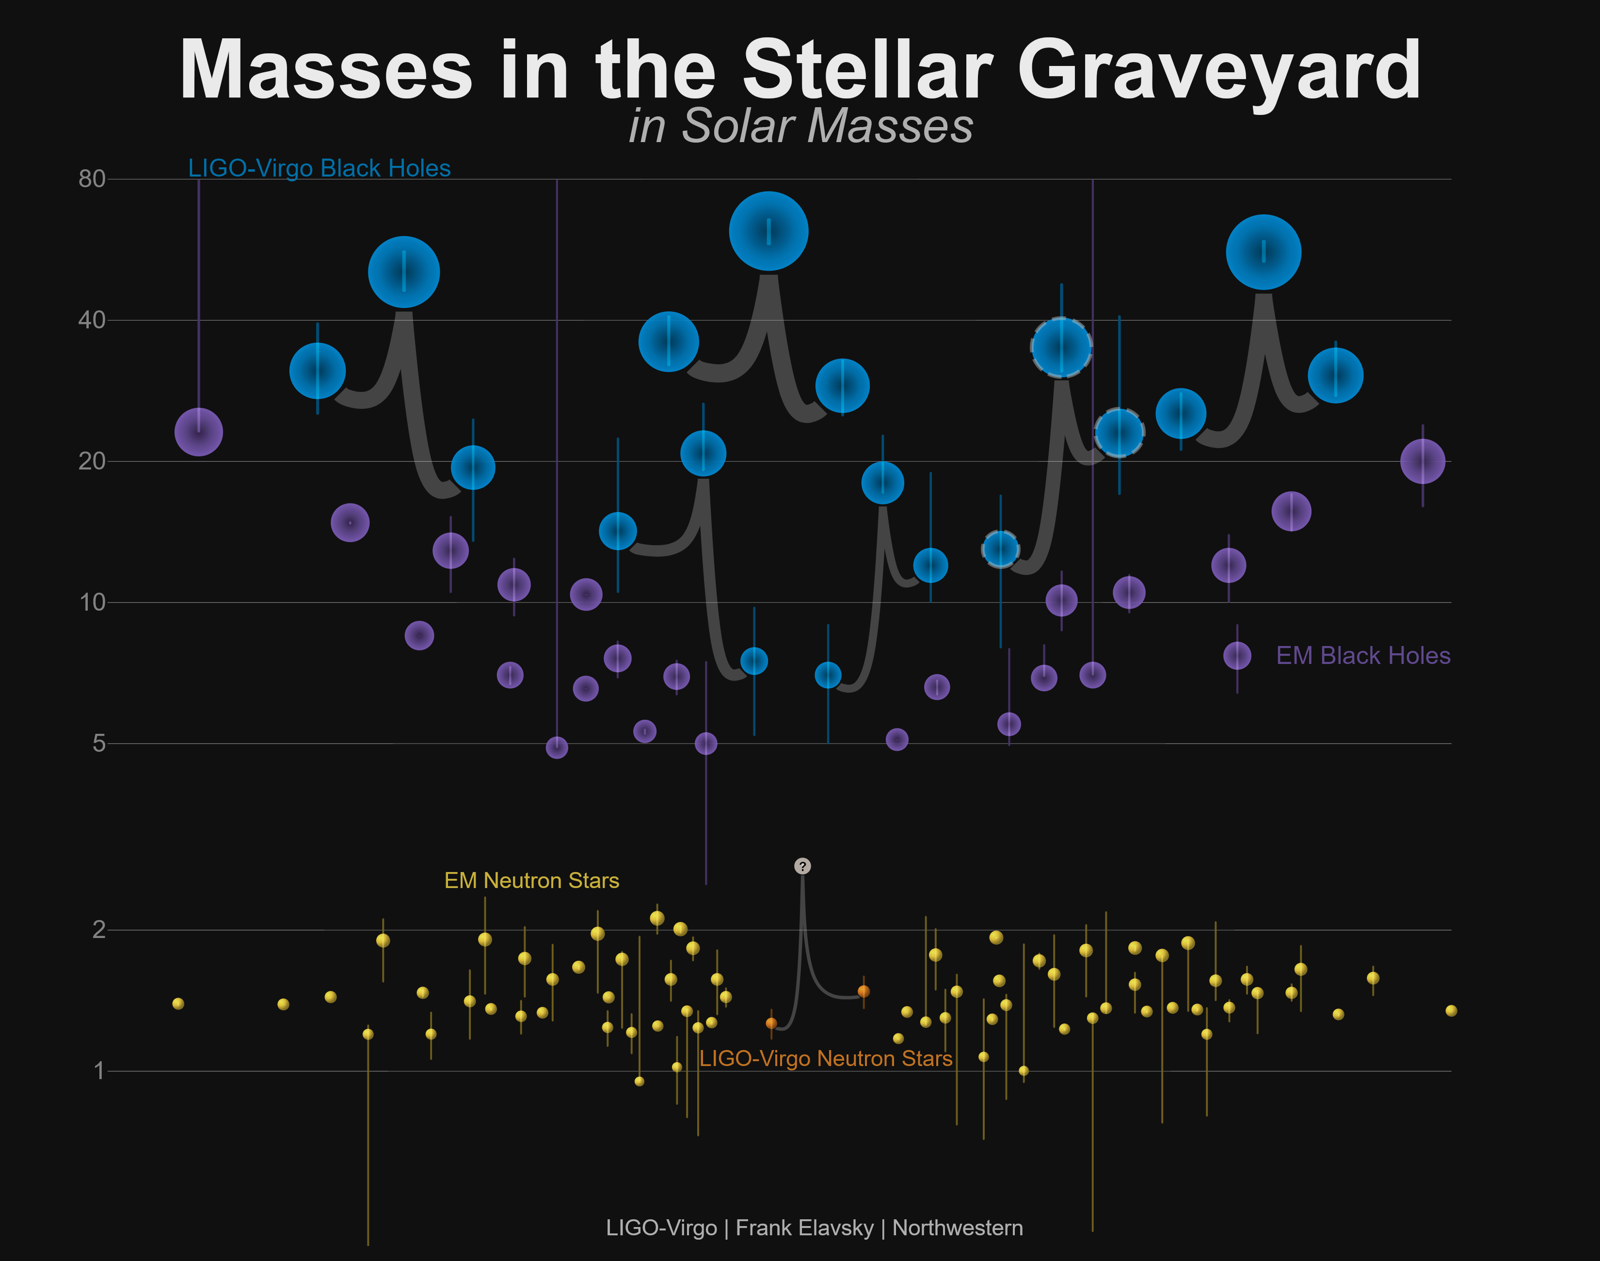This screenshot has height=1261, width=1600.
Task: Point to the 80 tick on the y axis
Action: tap(92, 178)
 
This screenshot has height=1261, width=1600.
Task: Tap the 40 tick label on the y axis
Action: tap(92, 321)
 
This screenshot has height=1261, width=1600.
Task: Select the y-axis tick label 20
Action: tap(92, 461)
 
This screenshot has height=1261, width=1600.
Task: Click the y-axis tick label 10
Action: tap(92, 602)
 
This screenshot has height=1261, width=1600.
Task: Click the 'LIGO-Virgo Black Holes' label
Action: tap(319, 168)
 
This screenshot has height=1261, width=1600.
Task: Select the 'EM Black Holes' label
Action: tap(1363, 656)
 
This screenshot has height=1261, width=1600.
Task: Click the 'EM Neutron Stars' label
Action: tap(531, 880)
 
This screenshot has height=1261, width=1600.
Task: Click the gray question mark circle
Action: tap(802, 866)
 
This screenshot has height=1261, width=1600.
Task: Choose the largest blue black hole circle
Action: tap(768, 231)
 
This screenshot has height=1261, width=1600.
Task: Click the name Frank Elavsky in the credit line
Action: tap(804, 1228)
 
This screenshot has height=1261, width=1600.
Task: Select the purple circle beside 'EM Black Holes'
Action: tap(1237, 656)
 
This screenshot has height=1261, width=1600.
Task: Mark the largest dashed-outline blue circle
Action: tap(1061, 347)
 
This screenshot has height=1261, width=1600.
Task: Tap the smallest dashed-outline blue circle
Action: tap(1000, 549)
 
